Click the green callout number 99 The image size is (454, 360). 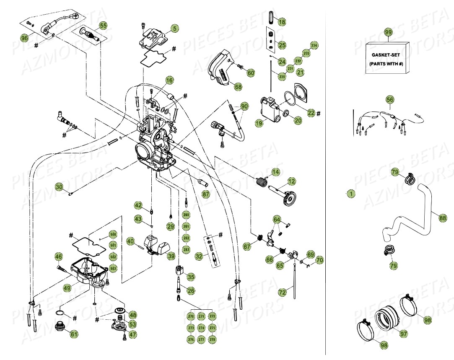[388, 32]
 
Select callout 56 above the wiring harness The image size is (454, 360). [390, 100]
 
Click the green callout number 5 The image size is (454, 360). [174, 28]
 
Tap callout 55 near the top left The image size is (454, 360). [103, 26]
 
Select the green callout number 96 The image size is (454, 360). [25, 38]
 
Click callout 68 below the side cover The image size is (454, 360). [238, 87]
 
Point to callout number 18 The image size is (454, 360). [282, 21]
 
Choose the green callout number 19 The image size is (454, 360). [259, 123]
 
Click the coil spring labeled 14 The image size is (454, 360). [262, 182]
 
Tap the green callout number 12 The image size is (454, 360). [291, 181]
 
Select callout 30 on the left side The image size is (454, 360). [59, 186]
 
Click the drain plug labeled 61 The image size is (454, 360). [62, 326]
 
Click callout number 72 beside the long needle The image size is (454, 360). [282, 291]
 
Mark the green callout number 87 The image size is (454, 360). [205, 194]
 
